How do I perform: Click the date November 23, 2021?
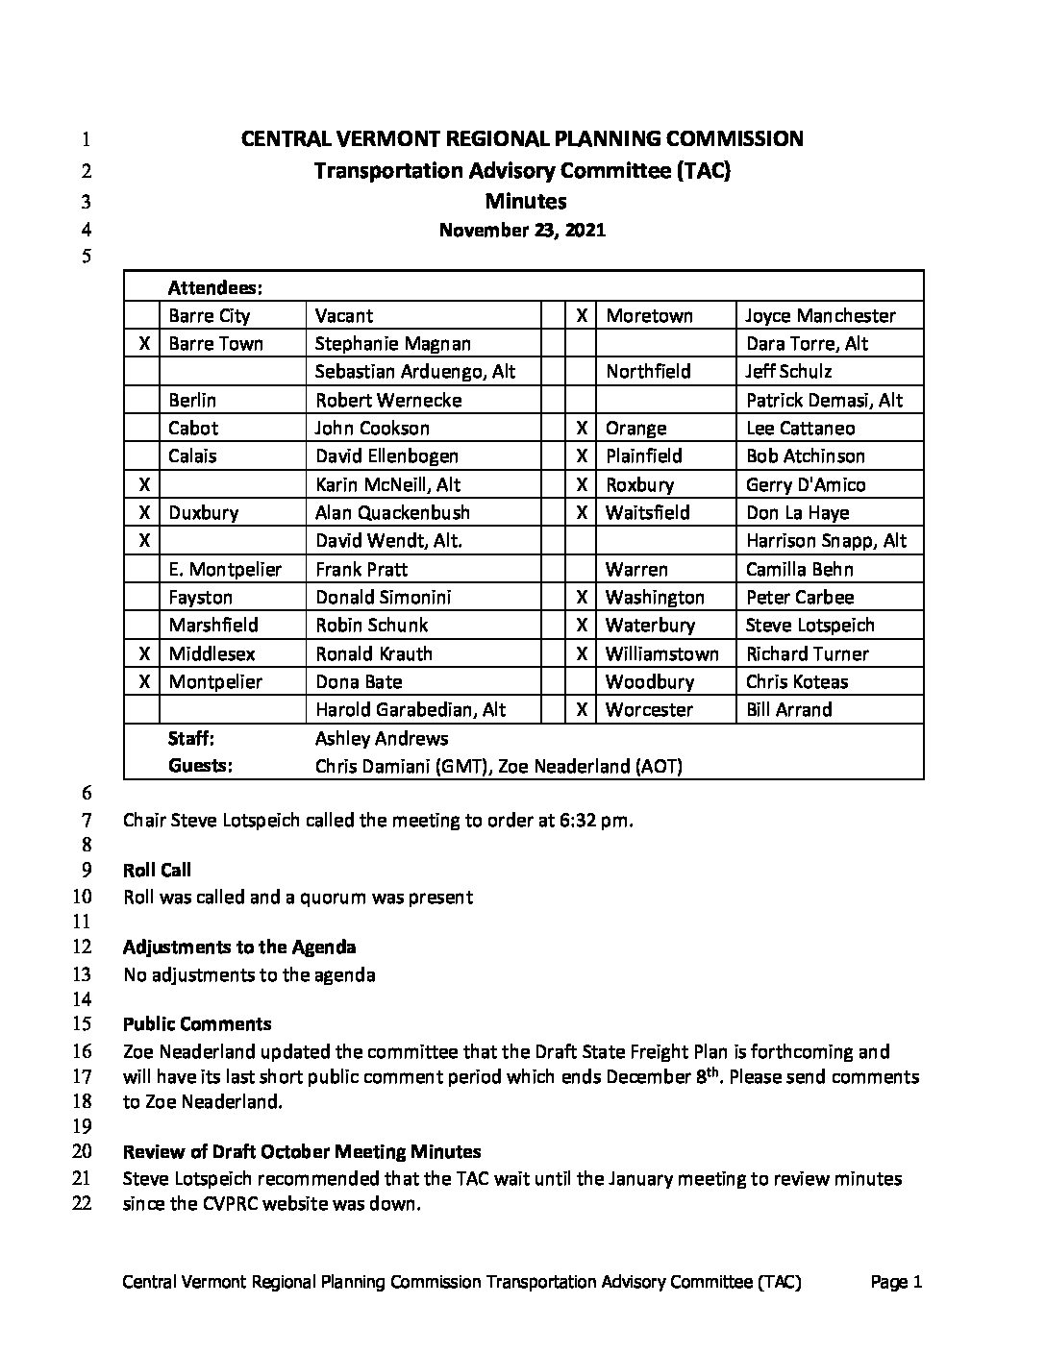tap(522, 230)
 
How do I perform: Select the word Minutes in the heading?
tap(525, 201)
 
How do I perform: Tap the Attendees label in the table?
tap(215, 287)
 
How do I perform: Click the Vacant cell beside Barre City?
tap(343, 315)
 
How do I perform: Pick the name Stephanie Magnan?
tap(392, 343)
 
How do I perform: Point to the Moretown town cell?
tap(649, 315)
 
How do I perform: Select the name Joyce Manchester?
tap(820, 315)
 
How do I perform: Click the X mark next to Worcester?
tap(582, 710)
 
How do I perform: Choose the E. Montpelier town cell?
tap(225, 569)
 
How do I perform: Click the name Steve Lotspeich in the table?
tap(809, 626)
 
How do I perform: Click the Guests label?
tap(200, 766)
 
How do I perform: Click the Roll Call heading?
tap(157, 870)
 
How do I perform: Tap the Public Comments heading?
tap(197, 1023)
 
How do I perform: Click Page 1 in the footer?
tap(896, 1281)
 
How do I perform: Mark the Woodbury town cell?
tap(649, 681)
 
